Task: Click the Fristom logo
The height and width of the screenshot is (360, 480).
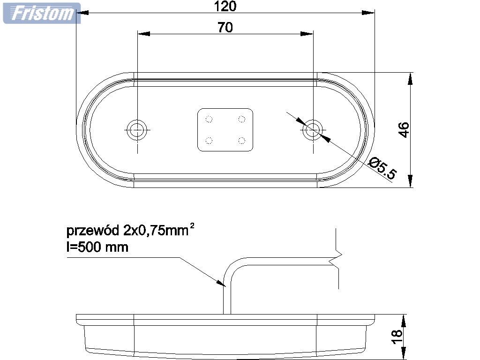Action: (41, 13)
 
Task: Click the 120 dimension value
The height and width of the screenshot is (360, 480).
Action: (225, 6)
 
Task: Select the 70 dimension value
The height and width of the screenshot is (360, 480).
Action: (225, 28)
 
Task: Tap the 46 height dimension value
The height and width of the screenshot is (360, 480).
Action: (404, 130)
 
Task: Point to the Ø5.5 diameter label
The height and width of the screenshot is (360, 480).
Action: (382, 169)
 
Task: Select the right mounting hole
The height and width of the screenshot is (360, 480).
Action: (312, 130)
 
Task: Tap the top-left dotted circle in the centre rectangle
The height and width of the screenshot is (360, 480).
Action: (210, 119)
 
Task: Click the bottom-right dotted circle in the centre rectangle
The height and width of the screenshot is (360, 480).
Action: (242, 140)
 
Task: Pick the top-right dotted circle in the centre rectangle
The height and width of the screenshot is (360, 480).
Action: (242, 119)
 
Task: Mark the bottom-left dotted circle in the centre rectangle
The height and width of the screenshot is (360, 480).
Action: (210, 140)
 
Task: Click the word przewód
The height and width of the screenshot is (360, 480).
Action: (93, 231)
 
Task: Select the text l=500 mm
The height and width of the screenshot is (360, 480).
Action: (97, 247)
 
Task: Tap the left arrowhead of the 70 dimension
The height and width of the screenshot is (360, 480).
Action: (143, 34)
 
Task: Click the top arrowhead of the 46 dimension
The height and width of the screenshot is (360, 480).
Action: (411, 78)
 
